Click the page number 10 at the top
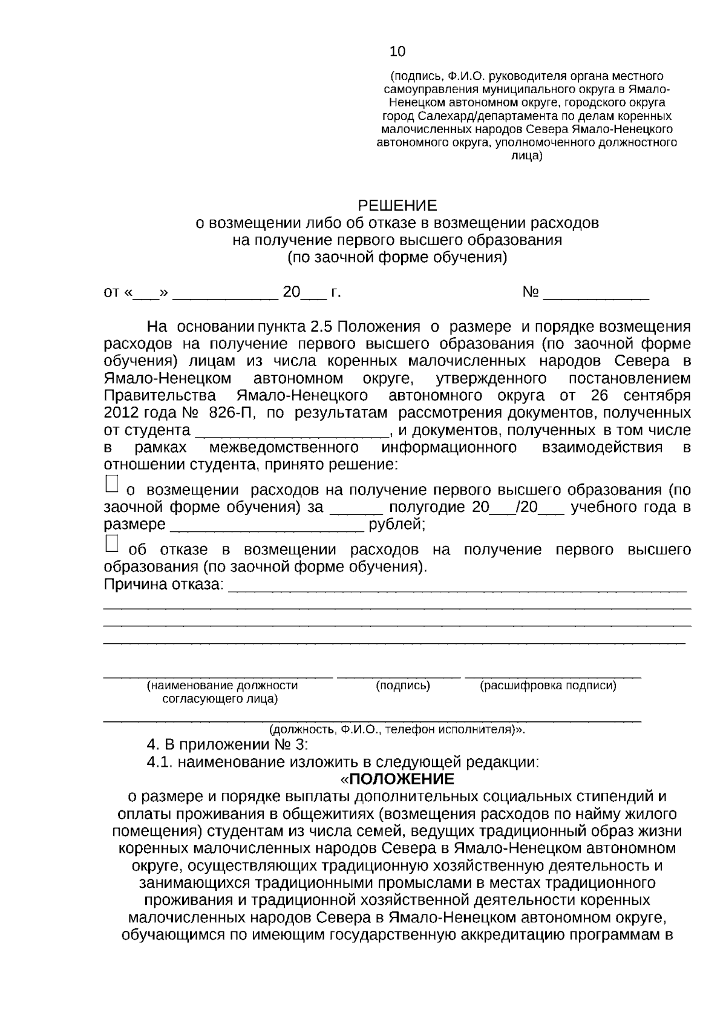click(397, 51)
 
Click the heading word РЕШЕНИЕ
click(397, 205)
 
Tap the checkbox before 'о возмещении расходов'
click(112, 483)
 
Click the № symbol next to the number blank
click(530, 293)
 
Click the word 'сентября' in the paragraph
click(661, 396)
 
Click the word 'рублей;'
click(397, 524)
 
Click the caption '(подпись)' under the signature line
click(402, 686)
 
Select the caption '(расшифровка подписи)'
click(548, 686)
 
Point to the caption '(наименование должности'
click(222, 686)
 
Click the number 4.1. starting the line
click(160, 762)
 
